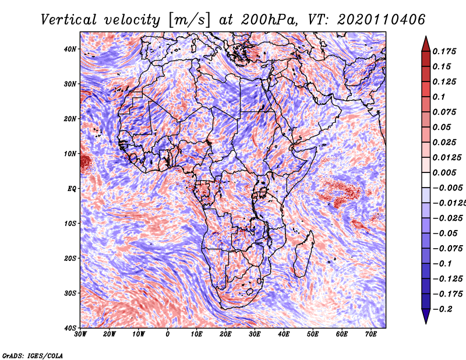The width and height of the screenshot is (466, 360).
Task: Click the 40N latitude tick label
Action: (70, 49)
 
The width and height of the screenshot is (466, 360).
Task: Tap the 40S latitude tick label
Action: (70, 328)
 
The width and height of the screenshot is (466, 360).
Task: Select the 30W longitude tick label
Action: (80, 334)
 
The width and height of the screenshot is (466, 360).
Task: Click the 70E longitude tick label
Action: (371, 334)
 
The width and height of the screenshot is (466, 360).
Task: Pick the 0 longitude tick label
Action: (168, 334)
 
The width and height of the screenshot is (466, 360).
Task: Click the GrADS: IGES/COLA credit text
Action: (33, 354)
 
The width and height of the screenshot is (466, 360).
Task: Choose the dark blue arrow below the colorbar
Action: (426, 318)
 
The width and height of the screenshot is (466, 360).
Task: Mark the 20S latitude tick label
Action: (70, 258)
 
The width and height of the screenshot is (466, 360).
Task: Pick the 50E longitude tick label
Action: (313, 334)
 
